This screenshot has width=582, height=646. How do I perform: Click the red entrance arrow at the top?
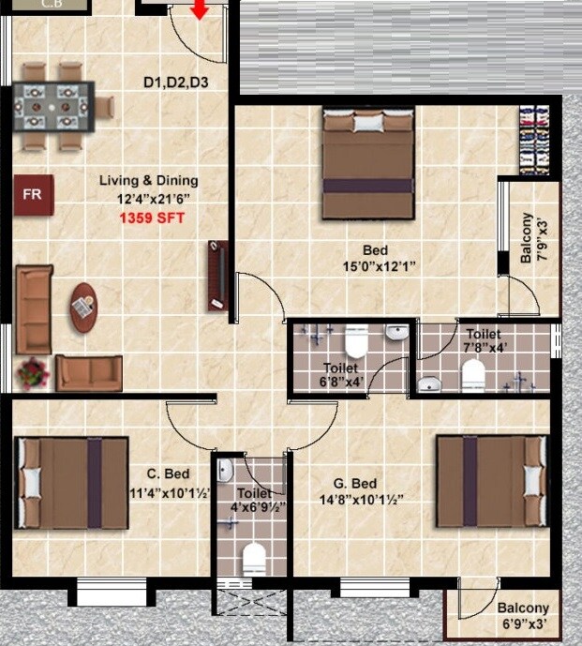(200, 10)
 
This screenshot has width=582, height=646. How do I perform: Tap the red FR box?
(33, 195)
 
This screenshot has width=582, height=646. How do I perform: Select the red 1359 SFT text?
(152, 218)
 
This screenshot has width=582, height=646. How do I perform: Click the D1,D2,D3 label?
(175, 83)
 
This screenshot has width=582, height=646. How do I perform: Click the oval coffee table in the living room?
(84, 307)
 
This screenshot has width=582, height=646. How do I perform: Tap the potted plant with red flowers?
(33, 373)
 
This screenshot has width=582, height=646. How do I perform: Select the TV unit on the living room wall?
(216, 276)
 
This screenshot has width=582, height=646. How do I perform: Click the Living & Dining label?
(149, 181)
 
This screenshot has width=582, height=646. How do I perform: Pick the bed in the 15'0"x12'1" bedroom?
(368, 163)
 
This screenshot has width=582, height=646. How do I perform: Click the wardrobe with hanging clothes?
(535, 142)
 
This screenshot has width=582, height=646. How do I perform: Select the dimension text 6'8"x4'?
(341, 382)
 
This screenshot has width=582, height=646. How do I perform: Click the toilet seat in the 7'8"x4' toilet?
(473, 375)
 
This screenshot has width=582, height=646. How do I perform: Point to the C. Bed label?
(171, 474)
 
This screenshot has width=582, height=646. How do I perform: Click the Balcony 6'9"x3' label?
(523, 615)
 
